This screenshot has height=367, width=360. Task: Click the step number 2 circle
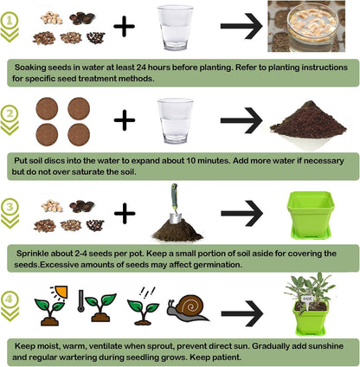(11, 114)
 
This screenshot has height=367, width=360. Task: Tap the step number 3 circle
(11, 207)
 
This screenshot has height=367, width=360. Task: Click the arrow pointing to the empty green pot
(241, 212)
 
